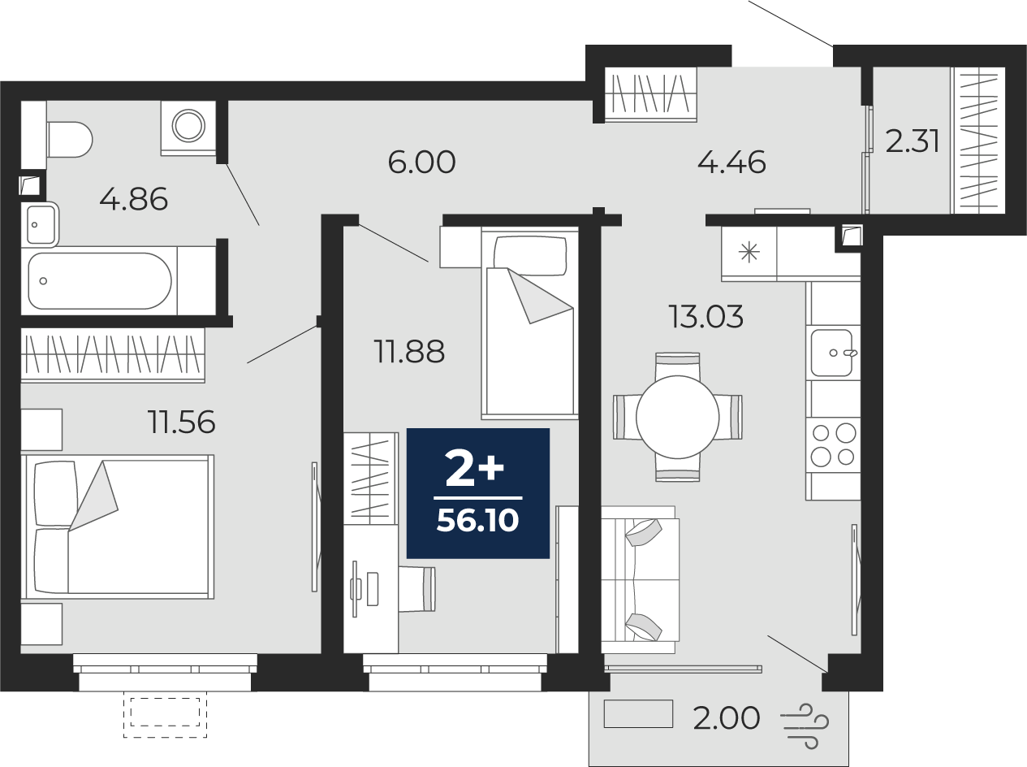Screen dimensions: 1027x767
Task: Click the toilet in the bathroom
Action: pyautogui.click(x=69, y=140)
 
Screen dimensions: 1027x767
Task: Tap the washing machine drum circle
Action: pyautogui.click(x=188, y=125)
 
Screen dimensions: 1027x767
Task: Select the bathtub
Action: pyautogui.click(x=99, y=281)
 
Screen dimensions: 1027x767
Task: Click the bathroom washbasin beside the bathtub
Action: pyautogui.click(x=41, y=224)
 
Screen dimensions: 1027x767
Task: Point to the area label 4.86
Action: pyautogui.click(x=134, y=200)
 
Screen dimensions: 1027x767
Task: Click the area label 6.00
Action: pyautogui.click(x=421, y=162)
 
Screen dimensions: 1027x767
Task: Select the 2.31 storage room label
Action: pyautogui.click(x=913, y=141)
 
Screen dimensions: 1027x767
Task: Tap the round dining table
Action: pyautogui.click(x=677, y=417)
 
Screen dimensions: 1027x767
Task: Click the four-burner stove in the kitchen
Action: pyautogui.click(x=833, y=444)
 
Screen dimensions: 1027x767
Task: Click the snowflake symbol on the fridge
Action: pyautogui.click(x=749, y=253)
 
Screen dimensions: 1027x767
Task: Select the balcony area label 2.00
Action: pyautogui.click(x=727, y=718)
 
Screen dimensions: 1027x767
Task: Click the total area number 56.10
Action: pyautogui.click(x=477, y=520)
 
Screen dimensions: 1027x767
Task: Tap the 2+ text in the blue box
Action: pyautogui.click(x=474, y=467)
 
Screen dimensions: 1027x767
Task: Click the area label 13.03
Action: pyautogui.click(x=706, y=317)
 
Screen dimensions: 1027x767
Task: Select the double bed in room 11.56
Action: pyautogui.click(x=118, y=526)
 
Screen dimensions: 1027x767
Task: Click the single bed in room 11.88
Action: pyautogui.click(x=530, y=323)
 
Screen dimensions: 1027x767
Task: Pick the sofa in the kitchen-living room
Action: pyautogui.click(x=640, y=579)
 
